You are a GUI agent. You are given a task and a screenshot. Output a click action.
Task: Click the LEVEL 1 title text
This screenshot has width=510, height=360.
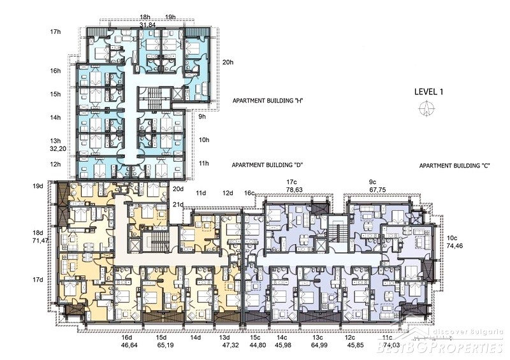click(428, 92)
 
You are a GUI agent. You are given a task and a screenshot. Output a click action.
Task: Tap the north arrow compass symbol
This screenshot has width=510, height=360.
click(426, 108)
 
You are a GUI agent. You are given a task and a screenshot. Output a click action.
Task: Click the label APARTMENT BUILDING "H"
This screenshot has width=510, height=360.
click(268, 101)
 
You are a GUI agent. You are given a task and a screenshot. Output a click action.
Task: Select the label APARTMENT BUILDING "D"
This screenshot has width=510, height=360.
click(267, 165)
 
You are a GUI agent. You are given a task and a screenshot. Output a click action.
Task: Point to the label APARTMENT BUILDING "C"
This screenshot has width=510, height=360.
click(455, 166)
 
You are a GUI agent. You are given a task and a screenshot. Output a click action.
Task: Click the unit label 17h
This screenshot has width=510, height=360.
click(55, 32)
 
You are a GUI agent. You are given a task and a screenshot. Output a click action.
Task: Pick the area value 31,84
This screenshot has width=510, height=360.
click(147, 24)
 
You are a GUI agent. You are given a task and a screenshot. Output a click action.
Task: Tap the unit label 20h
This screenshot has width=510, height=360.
click(228, 62)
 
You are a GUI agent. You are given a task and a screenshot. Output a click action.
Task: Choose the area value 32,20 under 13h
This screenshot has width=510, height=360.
click(55, 149)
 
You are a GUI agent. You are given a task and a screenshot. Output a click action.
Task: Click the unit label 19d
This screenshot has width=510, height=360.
click(38, 186)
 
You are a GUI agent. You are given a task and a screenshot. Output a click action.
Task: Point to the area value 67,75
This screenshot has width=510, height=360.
click(377, 189)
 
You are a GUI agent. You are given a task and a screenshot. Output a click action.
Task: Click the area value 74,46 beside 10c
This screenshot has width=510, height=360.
click(455, 246)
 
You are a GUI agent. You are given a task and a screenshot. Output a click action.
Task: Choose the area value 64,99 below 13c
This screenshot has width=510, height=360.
click(319, 345)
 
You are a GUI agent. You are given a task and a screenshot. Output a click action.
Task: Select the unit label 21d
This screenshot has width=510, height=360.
click(178, 205)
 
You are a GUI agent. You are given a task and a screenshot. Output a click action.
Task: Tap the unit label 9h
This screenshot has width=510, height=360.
click(202, 116)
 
